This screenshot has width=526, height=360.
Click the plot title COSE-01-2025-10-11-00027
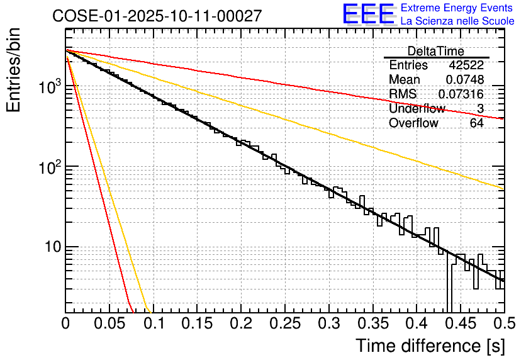point(157,16)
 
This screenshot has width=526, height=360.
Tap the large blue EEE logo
point(369,14)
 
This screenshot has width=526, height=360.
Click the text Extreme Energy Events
point(457,8)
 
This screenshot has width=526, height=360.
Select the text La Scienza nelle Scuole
point(457,21)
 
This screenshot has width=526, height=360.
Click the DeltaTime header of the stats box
point(436,51)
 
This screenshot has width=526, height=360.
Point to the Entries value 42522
point(466,65)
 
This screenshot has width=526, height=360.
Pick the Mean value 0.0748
point(464,80)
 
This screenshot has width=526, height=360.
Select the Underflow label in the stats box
point(417,109)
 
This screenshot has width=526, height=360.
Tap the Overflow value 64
point(476,123)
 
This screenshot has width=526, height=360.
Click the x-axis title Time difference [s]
point(430,346)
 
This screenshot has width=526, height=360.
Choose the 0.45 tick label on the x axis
point(461,323)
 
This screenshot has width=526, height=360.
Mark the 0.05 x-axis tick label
point(109,323)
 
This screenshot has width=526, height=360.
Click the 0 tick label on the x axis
point(65,323)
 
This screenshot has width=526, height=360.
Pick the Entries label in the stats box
point(408,65)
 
